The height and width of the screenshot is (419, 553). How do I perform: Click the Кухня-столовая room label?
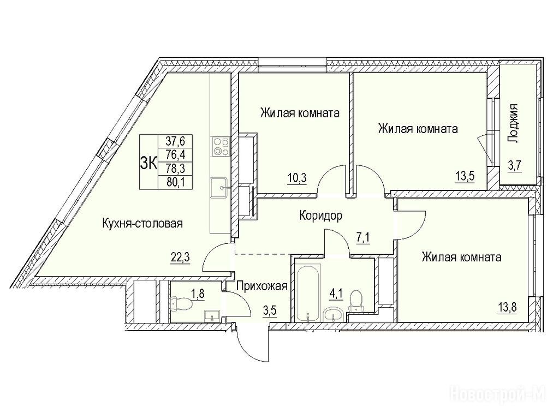point(142,223)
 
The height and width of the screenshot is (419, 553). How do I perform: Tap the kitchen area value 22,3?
point(180,258)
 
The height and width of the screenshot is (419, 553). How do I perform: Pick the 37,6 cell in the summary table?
point(175,141)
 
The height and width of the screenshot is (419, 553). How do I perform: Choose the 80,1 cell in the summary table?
point(175,182)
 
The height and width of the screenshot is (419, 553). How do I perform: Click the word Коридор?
point(320,216)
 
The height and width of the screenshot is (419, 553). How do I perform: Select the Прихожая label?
point(261,286)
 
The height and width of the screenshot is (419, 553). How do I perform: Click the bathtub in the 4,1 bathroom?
point(308,294)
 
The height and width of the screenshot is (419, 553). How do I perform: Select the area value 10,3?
point(296,178)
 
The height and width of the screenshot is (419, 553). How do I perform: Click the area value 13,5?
point(466,175)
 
